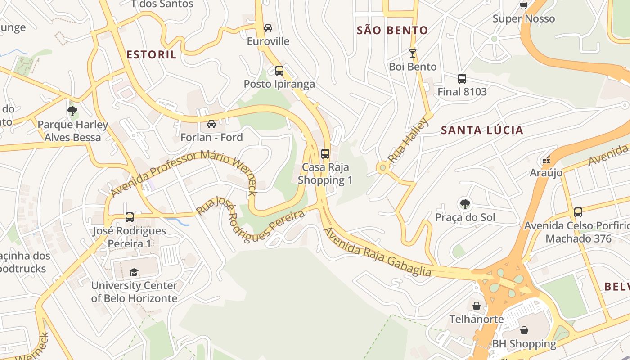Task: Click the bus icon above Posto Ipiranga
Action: [279, 71]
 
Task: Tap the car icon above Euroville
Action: [268, 28]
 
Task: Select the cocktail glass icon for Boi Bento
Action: [412, 54]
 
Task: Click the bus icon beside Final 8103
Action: [462, 79]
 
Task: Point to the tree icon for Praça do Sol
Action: [465, 205]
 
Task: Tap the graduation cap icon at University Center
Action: [134, 272]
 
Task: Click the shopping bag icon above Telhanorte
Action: [477, 306]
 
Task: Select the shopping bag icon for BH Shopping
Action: [524, 331]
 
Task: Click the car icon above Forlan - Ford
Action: [211, 124]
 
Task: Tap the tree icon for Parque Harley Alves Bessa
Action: [72, 111]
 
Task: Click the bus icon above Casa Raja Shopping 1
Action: [325, 154]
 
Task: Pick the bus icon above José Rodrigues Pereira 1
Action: [129, 217]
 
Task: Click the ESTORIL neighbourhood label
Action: [151, 55]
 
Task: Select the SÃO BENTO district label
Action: [392, 31]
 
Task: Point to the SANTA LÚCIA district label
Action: [482, 130]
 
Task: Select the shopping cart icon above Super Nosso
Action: [523, 5]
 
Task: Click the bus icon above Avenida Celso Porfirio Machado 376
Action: [578, 212]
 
